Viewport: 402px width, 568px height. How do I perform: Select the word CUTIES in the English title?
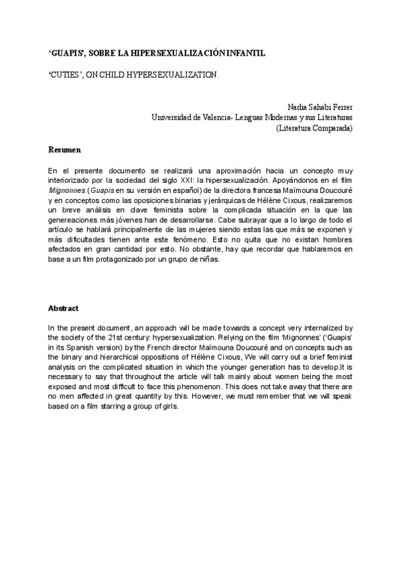tap(65, 76)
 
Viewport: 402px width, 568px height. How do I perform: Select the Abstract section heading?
tap(64, 309)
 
